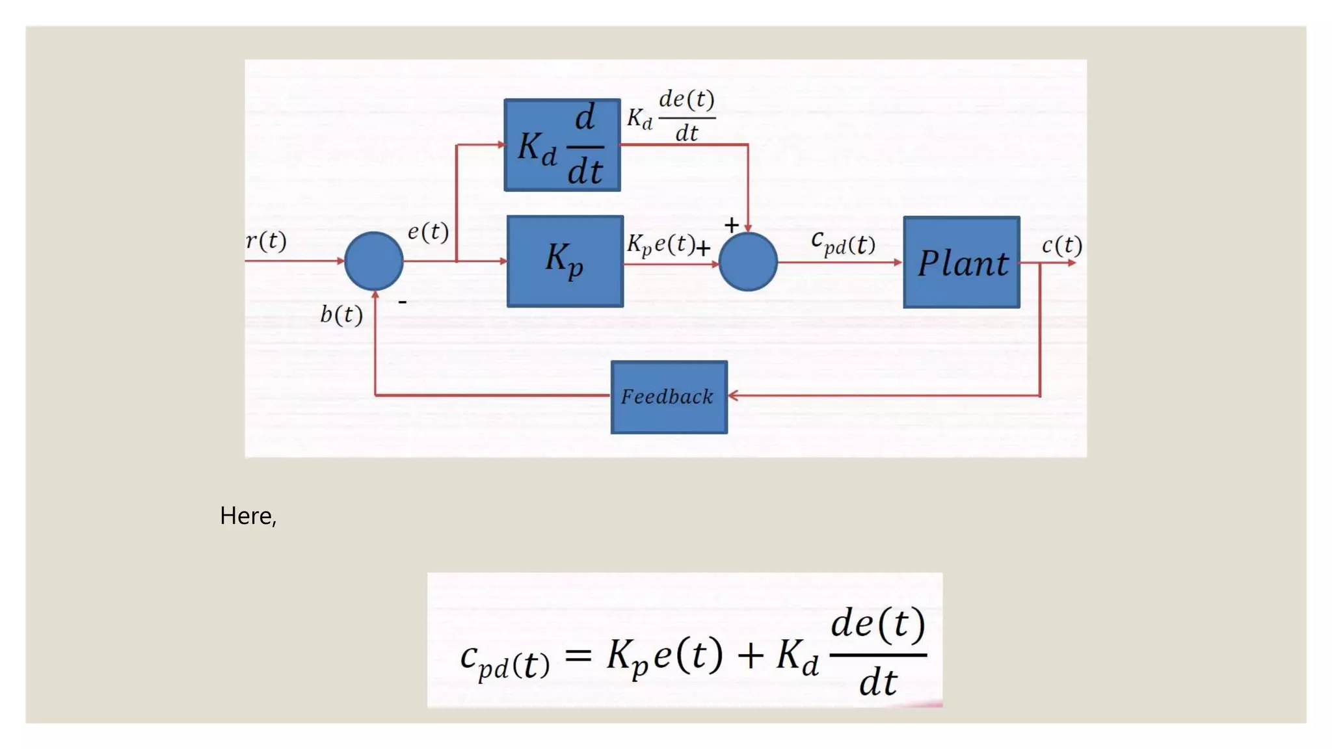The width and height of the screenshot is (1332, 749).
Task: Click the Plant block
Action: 961,262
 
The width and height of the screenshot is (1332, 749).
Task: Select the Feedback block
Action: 669,397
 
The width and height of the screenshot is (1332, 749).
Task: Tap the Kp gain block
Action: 565,261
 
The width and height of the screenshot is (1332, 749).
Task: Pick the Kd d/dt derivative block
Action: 562,145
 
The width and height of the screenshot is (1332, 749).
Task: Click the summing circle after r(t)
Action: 373,261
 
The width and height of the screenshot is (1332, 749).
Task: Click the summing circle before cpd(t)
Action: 748,261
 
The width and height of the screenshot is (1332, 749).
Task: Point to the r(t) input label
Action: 266,241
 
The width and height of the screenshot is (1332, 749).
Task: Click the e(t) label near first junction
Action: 428,231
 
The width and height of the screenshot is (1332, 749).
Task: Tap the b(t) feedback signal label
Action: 341,315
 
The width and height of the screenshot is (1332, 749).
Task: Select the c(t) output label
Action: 1061,245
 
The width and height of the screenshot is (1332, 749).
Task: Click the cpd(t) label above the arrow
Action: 843,243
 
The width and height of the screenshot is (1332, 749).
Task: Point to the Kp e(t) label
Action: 660,244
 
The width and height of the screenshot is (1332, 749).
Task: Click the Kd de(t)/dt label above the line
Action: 671,116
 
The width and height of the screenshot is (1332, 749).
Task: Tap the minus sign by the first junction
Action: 403,302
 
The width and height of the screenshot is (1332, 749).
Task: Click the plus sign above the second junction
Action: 731,225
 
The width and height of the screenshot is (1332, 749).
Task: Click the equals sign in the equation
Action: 578,655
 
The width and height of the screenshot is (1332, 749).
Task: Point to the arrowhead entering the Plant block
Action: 898,262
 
